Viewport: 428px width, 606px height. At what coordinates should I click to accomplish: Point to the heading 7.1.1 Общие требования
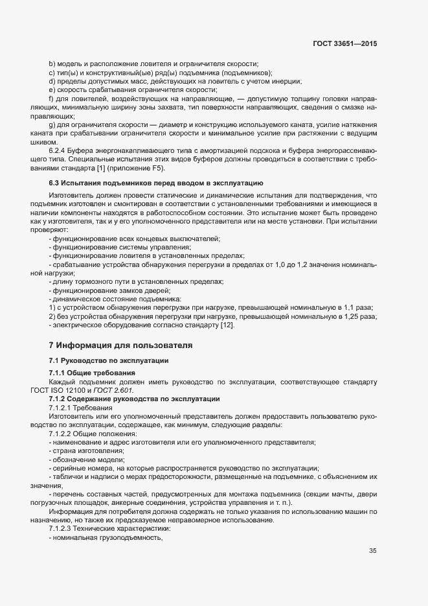tap(92, 373)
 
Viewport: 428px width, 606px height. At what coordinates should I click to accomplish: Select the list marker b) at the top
tap(52, 64)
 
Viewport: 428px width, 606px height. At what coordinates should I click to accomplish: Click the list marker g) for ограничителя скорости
tap(52, 123)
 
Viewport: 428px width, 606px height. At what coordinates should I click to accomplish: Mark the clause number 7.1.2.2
tap(62, 433)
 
